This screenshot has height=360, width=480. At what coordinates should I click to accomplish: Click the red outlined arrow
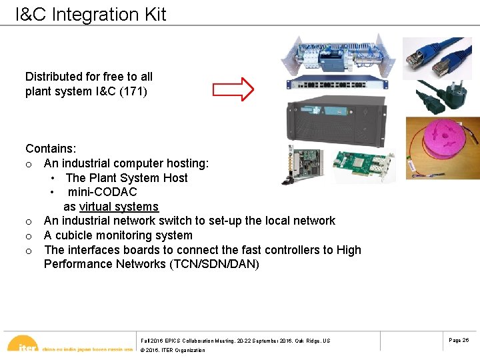[233, 89]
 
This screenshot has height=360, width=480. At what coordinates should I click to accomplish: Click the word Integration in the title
[89, 15]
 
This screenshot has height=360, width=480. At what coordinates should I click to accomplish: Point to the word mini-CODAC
[102, 192]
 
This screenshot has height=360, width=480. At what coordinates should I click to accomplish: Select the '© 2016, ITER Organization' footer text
[173, 350]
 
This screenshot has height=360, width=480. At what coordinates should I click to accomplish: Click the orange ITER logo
[27, 346]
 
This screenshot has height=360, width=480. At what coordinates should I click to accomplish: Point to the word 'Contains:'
[49, 149]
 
